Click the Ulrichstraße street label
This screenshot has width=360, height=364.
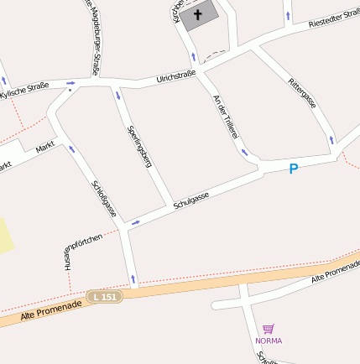175,78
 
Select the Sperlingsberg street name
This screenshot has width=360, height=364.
138,146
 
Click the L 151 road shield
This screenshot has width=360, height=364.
105,296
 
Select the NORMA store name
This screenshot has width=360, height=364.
269,341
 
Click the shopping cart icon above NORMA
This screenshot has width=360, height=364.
269,329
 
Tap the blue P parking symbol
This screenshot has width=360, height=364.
294,169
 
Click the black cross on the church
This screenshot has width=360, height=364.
199,14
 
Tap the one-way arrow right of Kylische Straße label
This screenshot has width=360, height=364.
70,83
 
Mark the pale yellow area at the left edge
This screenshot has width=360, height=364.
6,235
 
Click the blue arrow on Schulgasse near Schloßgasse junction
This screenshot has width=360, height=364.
136,222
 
